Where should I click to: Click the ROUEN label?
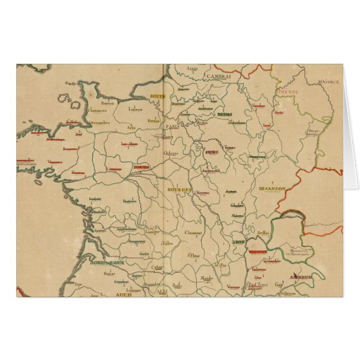click(x=156, y=97)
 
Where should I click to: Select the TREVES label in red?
click(x=289, y=92)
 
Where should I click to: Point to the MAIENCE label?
click(x=329, y=82)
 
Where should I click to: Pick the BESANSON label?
click(x=272, y=189)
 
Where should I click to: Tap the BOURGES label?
click(x=179, y=190)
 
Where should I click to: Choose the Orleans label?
click(x=170, y=154)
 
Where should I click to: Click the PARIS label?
click(x=172, y=126)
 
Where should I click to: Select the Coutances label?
click(x=97, y=111)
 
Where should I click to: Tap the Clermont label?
click(x=193, y=232)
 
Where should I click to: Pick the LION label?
click(x=239, y=242)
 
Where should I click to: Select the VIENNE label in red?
click(x=257, y=252)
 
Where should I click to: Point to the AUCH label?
click(x=123, y=294)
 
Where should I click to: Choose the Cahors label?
click(x=157, y=267)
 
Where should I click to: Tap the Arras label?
click(x=192, y=69)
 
